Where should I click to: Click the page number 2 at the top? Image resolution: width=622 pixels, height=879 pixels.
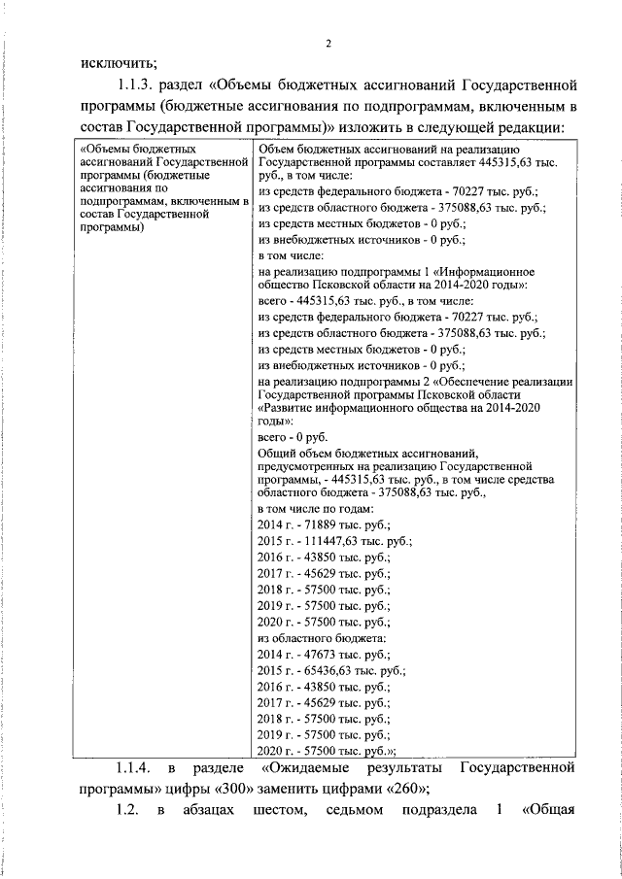[328, 43]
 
